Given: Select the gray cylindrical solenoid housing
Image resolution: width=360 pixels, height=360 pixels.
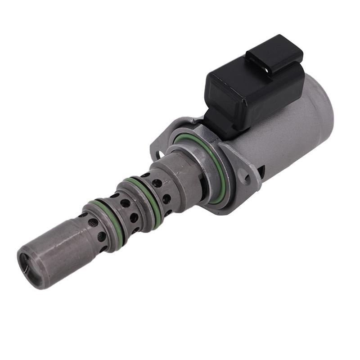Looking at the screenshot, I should click(288, 135).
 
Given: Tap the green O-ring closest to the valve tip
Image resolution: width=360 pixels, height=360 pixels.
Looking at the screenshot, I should click(108, 220).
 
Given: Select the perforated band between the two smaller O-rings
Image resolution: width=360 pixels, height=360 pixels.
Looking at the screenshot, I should click(128, 209).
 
